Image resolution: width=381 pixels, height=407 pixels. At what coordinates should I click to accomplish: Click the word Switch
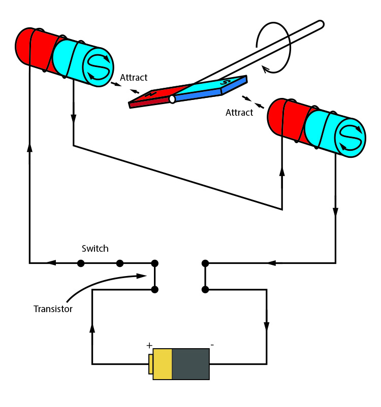(x=95, y=249)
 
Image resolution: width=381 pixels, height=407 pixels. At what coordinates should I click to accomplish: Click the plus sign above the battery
(x=149, y=345)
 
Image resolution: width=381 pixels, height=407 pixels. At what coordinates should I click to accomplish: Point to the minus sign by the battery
(x=212, y=345)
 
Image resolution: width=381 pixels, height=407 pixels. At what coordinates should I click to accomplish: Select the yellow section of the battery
(x=163, y=364)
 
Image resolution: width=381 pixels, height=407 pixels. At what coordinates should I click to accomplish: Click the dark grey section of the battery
(x=190, y=364)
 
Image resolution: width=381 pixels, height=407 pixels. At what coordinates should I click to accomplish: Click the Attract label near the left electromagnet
(x=134, y=78)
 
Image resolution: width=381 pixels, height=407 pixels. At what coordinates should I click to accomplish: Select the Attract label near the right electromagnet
(x=239, y=113)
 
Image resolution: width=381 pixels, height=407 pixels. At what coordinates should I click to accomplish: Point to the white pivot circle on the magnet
(x=172, y=99)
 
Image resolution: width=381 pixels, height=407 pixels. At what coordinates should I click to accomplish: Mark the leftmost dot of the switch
(x=80, y=263)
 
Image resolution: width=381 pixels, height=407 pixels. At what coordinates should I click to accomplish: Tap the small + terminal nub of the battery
(x=151, y=364)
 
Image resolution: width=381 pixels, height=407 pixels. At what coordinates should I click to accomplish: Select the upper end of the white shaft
(x=320, y=23)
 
